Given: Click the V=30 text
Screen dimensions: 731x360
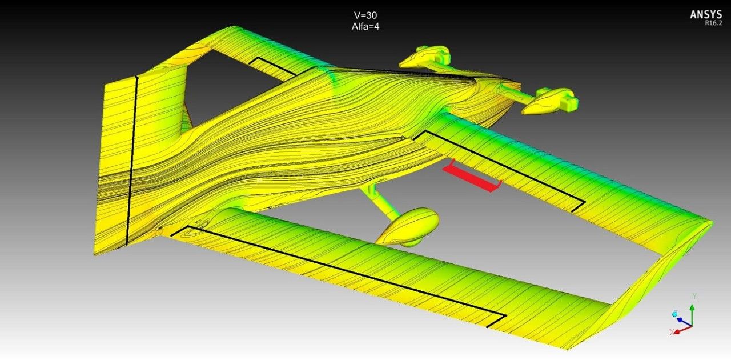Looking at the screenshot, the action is tap(365, 15).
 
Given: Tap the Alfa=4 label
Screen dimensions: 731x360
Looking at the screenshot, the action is tap(365, 26).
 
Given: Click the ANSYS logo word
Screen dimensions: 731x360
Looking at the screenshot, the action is tap(706, 15).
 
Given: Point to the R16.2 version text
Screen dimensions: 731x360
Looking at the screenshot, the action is tap(713, 23).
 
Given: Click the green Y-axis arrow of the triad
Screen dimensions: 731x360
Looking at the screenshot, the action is tap(692, 315).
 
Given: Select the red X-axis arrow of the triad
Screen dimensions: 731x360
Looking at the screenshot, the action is tap(682, 329).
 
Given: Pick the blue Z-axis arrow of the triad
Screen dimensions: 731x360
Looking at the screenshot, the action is tap(684, 321).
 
